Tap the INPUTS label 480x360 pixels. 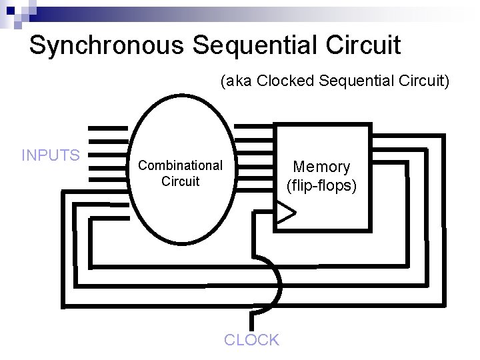tap(51, 156)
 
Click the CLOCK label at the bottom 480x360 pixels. tap(251, 340)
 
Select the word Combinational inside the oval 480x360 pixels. tap(180, 165)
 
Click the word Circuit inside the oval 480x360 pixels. tap(180, 181)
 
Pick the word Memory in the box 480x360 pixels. tap(321, 167)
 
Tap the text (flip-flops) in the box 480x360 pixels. tap(321, 185)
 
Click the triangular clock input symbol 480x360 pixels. tap(285, 213)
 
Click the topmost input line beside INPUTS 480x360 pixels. tap(108, 127)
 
